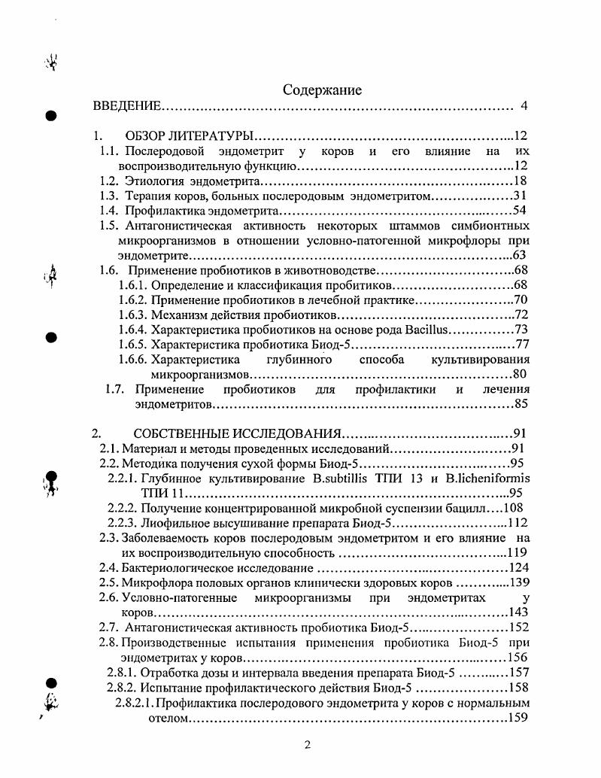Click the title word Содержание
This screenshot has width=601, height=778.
(x=322, y=90)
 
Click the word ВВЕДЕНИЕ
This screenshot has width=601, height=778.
(x=126, y=106)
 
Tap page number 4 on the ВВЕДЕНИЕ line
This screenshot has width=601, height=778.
(x=524, y=106)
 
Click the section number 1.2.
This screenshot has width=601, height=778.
(x=111, y=181)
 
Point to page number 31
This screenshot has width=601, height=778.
(x=521, y=196)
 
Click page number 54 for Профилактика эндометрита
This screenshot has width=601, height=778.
(x=521, y=211)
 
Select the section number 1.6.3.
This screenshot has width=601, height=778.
(x=133, y=315)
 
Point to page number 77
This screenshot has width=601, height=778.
(x=522, y=345)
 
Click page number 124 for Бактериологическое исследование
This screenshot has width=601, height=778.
(x=519, y=567)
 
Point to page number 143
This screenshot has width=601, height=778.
(x=519, y=612)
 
